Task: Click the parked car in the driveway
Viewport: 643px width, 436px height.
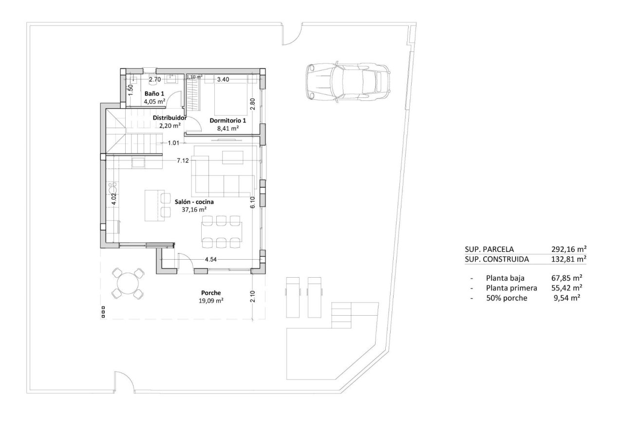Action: (347, 81)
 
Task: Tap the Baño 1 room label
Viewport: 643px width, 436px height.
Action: (154, 94)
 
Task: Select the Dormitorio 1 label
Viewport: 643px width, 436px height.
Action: (227, 120)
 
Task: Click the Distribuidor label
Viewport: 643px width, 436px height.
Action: (170, 118)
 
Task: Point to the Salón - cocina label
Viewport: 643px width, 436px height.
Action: (194, 201)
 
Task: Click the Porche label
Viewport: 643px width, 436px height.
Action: (211, 293)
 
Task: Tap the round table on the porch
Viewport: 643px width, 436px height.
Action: (128, 284)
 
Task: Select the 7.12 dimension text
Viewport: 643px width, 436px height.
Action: (183, 160)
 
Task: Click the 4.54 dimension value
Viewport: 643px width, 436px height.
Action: (210, 260)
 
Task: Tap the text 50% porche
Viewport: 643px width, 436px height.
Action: (506, 298)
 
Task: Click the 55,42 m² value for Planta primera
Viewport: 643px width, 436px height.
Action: (565, 288)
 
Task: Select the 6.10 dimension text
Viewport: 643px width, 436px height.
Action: (252, 202)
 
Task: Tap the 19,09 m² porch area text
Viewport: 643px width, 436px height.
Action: (211, 301)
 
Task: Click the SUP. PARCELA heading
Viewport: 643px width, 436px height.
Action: (489, 248)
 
